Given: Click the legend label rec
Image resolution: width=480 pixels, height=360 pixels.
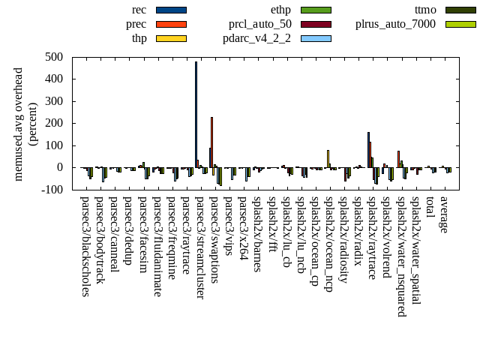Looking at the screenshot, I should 139,10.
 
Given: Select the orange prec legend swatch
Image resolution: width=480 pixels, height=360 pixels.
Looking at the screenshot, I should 171,24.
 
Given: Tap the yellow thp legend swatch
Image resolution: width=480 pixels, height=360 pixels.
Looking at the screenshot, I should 171,37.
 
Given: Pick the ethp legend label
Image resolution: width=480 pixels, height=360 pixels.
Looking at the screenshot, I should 280,10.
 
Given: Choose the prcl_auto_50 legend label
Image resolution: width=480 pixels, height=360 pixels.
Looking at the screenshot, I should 260,24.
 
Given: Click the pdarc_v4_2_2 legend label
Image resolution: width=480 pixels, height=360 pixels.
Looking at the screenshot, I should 256,37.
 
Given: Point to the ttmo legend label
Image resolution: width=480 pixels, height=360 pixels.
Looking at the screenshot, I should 424,10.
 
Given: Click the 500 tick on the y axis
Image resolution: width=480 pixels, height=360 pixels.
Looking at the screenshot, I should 53,57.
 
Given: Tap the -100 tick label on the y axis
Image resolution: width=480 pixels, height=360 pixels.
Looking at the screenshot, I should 52,190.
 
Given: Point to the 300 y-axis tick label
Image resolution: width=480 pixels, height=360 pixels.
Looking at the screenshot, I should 53,101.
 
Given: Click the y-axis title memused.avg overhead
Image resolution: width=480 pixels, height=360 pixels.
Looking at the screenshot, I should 19,124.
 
